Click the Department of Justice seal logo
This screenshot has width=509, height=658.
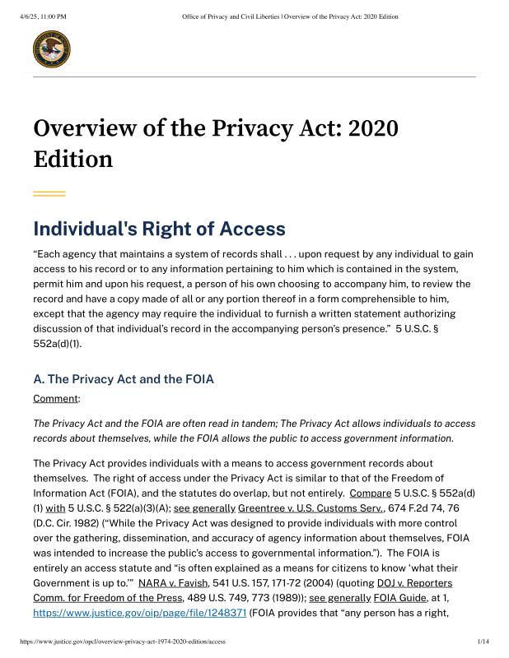click(51, 49)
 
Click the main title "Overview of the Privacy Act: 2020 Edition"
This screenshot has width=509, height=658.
click(216, 143)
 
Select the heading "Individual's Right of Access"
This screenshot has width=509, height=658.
click(159, 229)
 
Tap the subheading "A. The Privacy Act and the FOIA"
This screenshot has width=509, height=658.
click(124, 380)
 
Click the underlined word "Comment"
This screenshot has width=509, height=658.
click(56, 398)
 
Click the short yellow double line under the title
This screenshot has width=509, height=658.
click(49, 194)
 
